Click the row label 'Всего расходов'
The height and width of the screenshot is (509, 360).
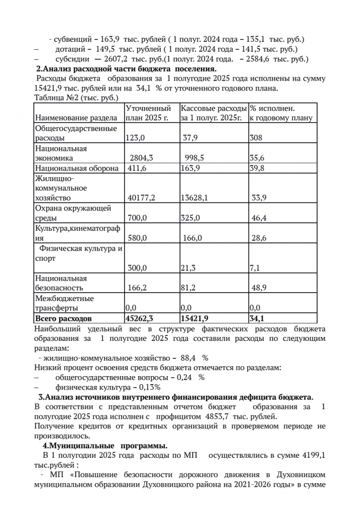(x=63, y=317)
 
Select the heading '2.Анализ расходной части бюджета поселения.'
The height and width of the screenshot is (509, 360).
(x=126, y=69)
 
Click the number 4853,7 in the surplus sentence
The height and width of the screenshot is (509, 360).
(x=219, y=416)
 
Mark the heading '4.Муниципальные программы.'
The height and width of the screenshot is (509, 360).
(x=105, y=445)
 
